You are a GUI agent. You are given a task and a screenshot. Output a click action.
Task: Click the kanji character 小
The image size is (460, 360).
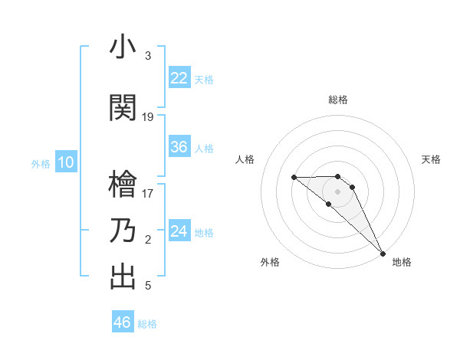[123, 47]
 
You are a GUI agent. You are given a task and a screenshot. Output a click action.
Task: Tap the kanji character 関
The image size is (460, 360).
[123, 108]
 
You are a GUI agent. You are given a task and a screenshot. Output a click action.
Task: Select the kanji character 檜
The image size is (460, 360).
[123, 185]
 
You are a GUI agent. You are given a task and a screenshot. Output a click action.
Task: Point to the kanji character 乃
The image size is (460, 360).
[123, 231]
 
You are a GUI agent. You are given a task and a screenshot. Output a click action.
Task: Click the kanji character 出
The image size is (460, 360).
[123, 277]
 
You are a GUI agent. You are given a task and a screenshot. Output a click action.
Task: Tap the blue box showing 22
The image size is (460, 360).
[179, 78]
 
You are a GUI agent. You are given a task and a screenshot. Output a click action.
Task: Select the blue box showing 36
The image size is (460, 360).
[179, 147]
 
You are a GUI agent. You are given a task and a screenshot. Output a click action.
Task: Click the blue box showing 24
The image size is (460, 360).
[179, 231]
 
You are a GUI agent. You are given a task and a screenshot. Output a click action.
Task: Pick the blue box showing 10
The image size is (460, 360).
[66, 162]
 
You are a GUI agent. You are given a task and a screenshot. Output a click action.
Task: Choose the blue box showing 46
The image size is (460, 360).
[123, 322]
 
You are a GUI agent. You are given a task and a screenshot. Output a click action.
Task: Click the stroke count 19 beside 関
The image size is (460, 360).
[148, 117]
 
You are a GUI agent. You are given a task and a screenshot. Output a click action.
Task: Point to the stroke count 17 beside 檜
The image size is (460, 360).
[148, 194]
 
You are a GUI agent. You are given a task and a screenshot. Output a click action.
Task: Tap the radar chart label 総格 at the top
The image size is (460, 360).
[338, 100]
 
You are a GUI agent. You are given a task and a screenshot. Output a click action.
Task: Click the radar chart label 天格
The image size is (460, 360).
[431, 159]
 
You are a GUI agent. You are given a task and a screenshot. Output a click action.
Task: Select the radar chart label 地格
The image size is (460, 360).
[402, 263]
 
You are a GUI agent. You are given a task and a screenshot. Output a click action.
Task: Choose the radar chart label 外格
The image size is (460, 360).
[270, 263]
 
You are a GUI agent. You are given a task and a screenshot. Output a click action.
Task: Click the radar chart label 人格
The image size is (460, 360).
[245, 159]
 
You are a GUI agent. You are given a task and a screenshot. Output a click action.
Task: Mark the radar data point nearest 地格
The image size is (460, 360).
[382, 254]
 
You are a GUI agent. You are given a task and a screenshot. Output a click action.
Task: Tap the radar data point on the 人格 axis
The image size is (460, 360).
[294, 178]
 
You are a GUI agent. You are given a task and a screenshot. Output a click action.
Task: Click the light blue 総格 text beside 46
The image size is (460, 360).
[147, 324]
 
